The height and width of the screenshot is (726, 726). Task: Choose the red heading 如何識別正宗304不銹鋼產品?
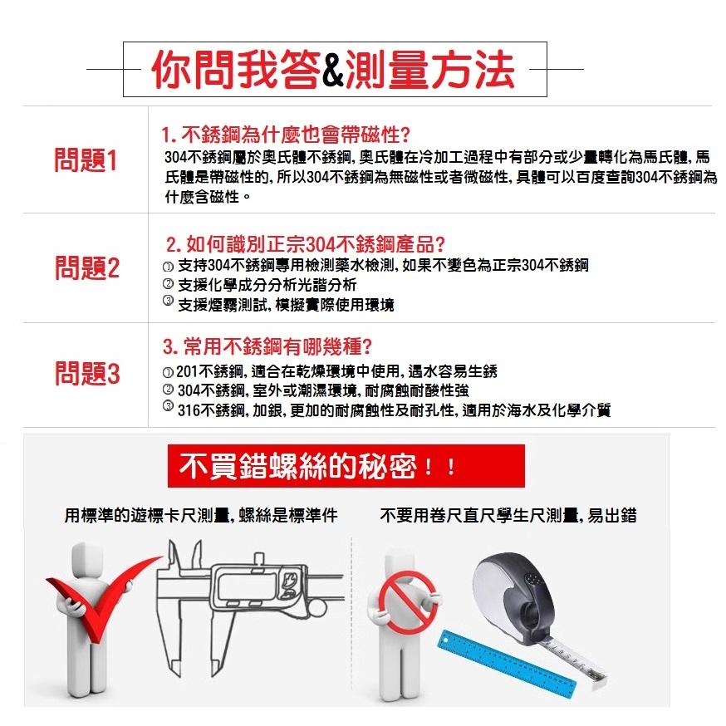306,246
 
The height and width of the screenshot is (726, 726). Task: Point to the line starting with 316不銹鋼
390,410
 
